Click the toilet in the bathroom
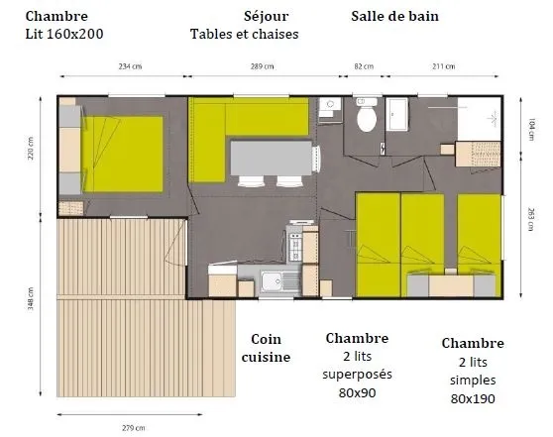tap(367, 119)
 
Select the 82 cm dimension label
tap(364, 66)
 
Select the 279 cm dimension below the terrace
tap(134, 428)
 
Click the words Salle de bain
tap(394, 17)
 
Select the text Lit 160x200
tap(63, 34)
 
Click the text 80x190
tap(472, 399)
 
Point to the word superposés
tap(357, 375)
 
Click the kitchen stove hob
tap(294, 239)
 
